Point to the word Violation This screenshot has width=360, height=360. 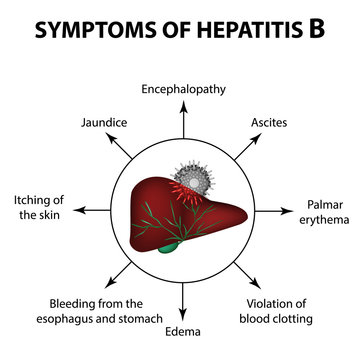pos(272,302)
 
